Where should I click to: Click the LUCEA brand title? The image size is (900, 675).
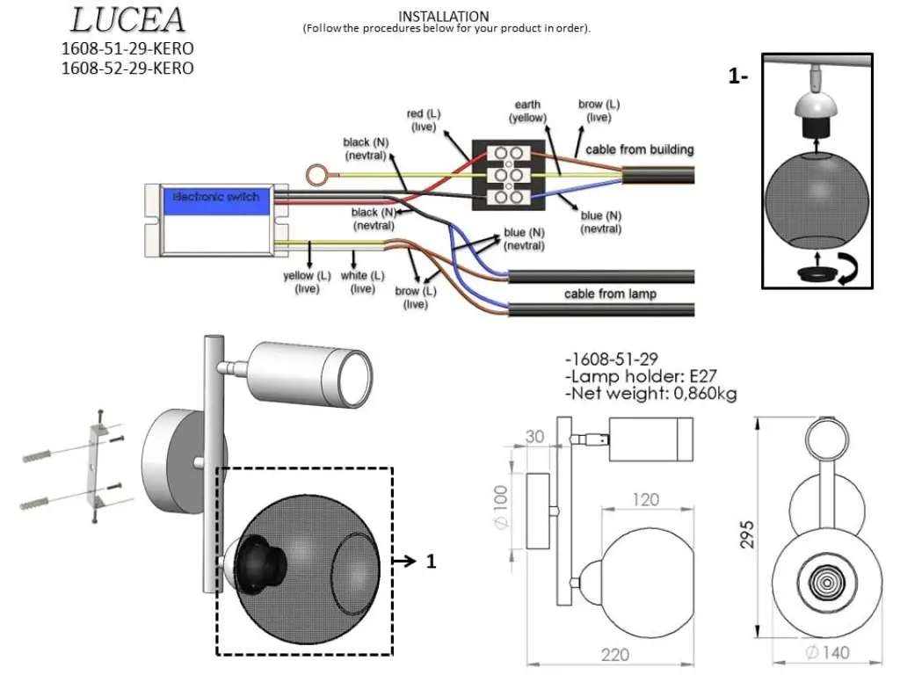127,20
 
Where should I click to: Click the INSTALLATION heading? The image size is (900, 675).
444,16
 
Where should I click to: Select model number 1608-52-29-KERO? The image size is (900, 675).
127,69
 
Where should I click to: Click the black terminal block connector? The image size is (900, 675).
508,175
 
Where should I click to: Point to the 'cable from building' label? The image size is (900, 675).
640,149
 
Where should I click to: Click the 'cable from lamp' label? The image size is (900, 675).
610,294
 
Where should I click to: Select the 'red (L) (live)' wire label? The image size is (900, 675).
424,120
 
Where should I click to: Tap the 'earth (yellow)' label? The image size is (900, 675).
527,111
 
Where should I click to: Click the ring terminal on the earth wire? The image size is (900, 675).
316,175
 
